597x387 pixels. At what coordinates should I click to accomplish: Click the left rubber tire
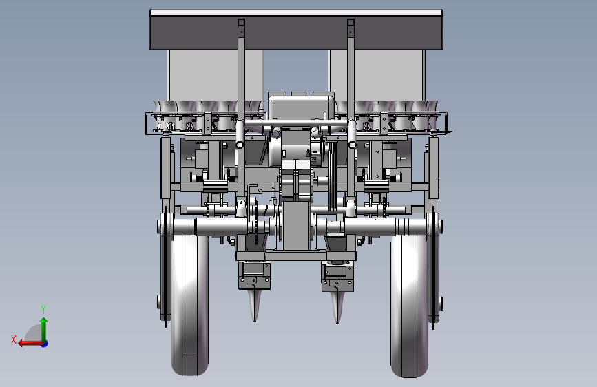(189, 305)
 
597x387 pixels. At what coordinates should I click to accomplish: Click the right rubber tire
(409, 306)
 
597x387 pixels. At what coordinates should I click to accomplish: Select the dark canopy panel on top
(296, 32)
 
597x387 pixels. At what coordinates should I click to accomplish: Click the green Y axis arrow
(44, 330)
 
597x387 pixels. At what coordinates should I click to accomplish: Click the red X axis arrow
(31, 344)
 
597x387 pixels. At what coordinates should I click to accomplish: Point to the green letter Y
(43, 310)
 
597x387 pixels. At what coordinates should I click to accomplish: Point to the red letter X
(14, 339)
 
